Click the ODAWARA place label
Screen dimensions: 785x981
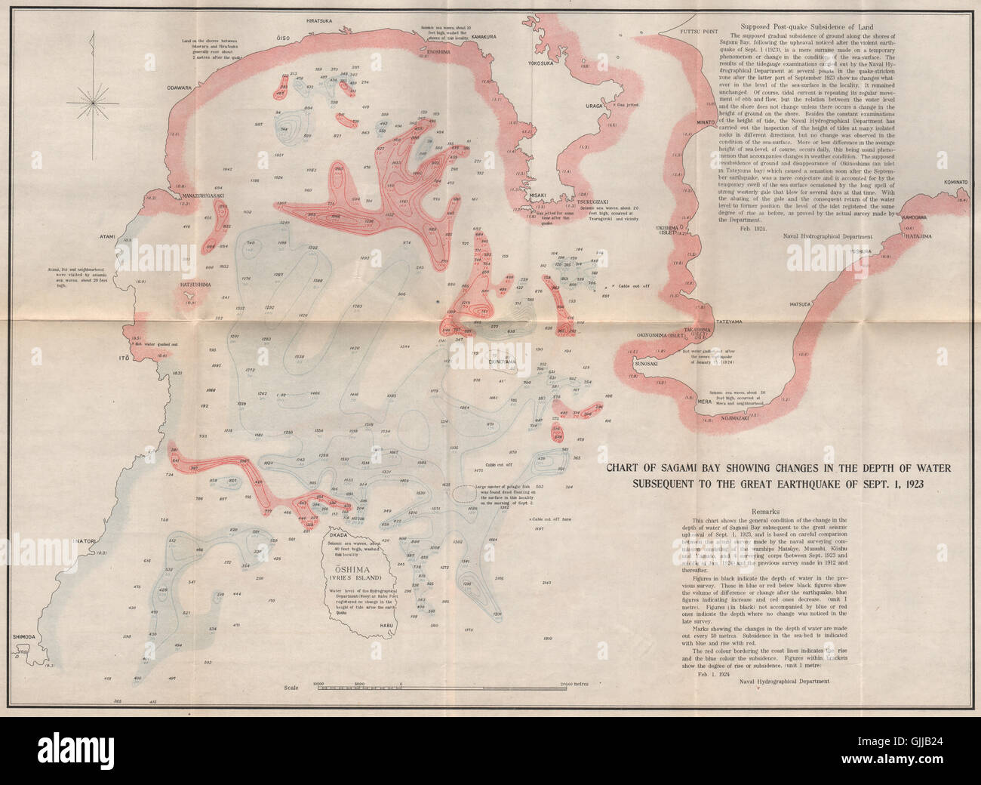coord(180,88)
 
